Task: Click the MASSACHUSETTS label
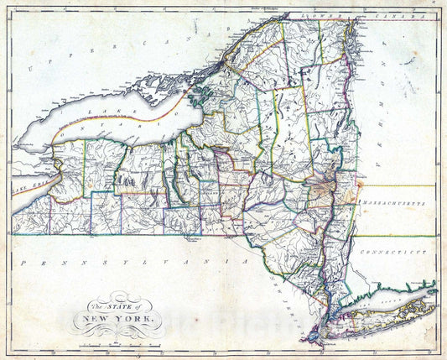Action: [x=393, y=204]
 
